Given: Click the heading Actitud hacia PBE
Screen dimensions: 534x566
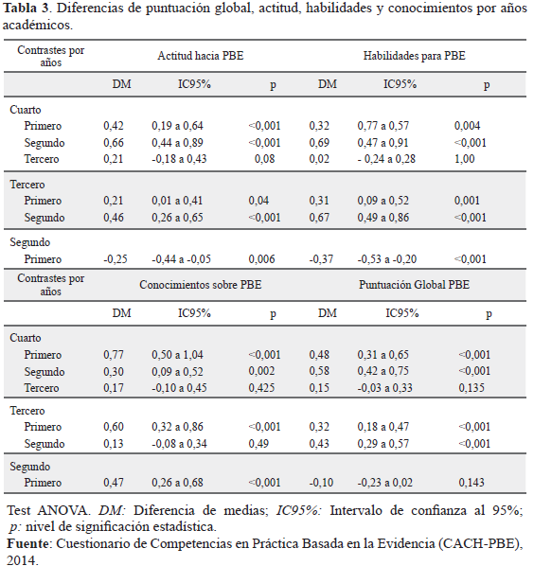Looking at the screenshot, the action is click(201, 56).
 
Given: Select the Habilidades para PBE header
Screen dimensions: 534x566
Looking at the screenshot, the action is click(414, 56).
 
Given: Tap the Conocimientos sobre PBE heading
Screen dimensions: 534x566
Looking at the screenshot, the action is click(201, 285).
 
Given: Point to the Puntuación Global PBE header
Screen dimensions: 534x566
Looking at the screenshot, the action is click(414, 285).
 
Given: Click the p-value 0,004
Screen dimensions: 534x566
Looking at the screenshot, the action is click(467, 126).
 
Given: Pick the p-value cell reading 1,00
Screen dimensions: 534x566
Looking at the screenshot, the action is click(464, 159).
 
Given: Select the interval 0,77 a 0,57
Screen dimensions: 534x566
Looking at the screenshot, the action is click(383, 126).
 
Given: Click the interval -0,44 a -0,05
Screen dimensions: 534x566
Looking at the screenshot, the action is click(181, 259).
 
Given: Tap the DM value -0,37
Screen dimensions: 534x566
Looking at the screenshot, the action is click(321, 259).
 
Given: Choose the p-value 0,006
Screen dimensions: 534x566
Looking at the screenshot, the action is click(261, 259).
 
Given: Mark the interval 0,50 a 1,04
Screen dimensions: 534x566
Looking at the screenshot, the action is click(177, 355).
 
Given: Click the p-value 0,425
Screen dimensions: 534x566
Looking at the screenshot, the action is click(261, 388).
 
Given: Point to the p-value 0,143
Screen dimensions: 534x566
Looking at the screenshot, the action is click(472, 483).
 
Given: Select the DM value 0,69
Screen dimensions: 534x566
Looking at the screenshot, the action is click(319, 143).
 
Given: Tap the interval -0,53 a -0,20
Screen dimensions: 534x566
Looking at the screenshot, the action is click(387, 259).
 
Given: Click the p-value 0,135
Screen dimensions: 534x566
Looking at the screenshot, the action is click(472, 388).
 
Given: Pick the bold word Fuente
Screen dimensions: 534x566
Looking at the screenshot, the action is click(28, 543).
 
